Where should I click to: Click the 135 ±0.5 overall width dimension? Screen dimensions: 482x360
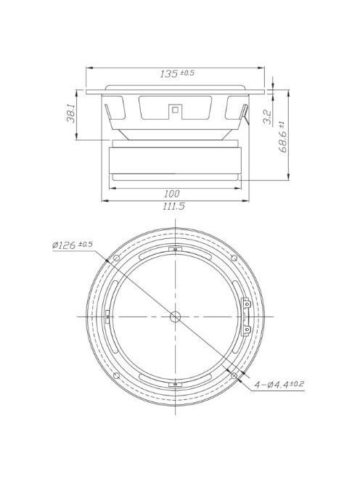point(176,73)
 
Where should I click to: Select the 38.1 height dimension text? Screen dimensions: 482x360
point(71,115)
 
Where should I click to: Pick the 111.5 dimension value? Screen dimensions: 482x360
point(174,207)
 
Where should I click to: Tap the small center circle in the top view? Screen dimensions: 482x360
point(176,316)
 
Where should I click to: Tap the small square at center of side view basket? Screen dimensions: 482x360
point(175,110)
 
